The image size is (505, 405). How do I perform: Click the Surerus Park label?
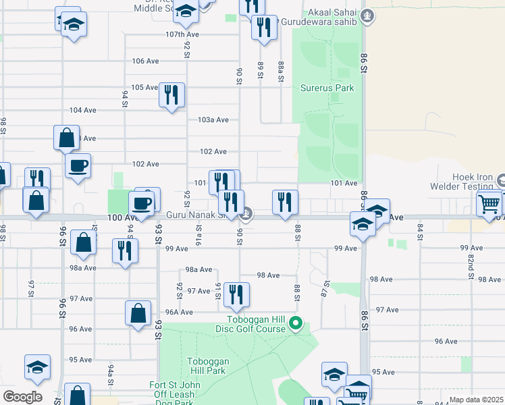[327, 88]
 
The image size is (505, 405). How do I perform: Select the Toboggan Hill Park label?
[207, 366]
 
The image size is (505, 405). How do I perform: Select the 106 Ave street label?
[145, 61]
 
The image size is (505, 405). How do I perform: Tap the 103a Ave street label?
[213, 119]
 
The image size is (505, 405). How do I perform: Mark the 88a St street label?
[281, 69]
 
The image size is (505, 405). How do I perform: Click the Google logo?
[22, 397]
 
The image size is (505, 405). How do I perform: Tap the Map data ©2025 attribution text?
[475, 400]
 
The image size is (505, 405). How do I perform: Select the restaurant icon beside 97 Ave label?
[236, 294]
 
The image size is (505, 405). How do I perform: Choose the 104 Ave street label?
[81, 110]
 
